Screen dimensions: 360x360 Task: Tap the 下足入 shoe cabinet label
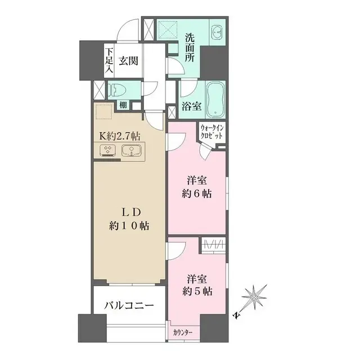(x=109, y=61)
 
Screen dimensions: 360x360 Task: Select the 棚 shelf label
(x=122, y=105)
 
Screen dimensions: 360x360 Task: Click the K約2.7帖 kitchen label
(x=120, y=136)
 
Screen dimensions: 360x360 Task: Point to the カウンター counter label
(x=183, y=333)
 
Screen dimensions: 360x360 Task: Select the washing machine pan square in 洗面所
(x=167, y=29)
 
